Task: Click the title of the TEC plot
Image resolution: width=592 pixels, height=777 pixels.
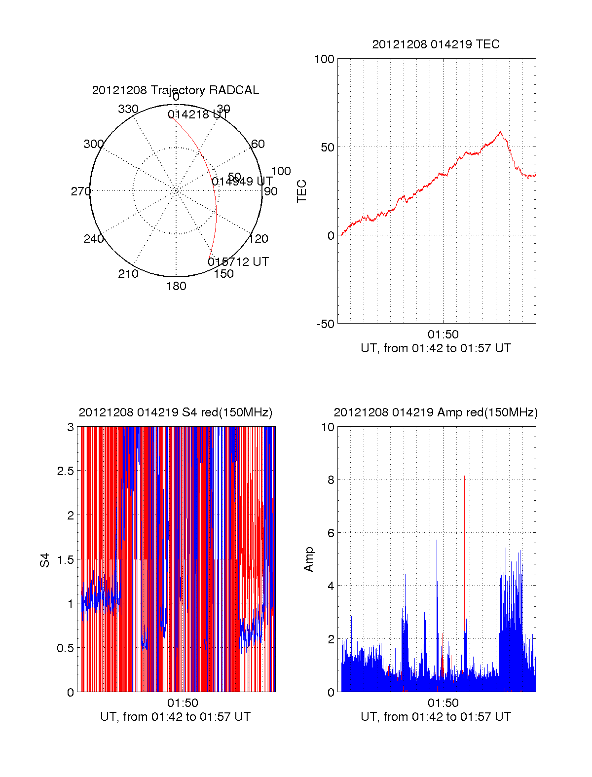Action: [x=436, y=44]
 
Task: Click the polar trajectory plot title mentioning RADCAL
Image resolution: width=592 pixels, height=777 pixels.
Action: [x=175, y=90]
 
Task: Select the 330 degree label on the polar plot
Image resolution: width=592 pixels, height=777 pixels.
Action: [x=128, y=109]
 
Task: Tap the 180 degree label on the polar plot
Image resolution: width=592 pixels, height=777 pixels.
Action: [x=176, y=286]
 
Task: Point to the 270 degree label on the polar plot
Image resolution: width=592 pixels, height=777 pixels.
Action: [x=80, y=191]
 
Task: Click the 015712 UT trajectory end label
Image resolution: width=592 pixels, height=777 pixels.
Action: [x=238, y=262]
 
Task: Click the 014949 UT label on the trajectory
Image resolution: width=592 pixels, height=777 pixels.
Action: [x=242, y=182]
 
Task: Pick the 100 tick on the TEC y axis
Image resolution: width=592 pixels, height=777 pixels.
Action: [x=324, y=59]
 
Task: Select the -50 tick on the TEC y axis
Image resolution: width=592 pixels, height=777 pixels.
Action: [x=326, y=324]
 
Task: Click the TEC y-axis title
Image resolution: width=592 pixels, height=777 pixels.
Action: [x=302, y=191]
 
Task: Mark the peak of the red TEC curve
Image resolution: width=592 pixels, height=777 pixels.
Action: [x=500, y=131]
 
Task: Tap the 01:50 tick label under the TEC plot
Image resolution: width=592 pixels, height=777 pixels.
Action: [x=443, y=334]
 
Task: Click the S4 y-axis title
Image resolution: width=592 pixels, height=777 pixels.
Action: [x=45, y=560]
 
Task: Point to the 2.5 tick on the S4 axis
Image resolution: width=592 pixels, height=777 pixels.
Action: [x=65, y=471]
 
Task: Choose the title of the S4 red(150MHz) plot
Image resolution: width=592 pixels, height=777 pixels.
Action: [x=175, y=412]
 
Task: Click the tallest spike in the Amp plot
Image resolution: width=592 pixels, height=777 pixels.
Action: [x=464, y=477]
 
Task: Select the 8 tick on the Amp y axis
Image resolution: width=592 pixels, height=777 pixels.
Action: [x=331, y=480]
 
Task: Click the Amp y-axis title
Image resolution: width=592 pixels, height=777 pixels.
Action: [x=309, y=559]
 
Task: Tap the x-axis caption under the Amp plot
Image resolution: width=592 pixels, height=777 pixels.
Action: [x=436, y=717]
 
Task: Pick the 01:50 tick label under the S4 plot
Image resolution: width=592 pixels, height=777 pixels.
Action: [x=183, y=703]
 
